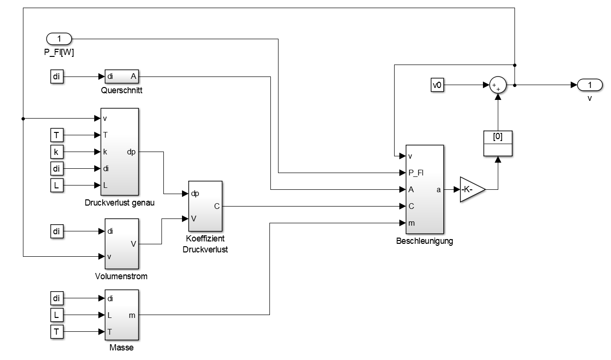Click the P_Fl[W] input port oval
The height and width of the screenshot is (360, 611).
(59, 38)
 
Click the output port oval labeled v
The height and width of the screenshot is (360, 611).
(590, 85)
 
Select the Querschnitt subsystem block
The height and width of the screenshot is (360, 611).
(122, 76)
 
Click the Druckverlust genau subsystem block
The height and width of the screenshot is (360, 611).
(119, 152)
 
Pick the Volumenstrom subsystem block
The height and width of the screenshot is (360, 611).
(122, 243)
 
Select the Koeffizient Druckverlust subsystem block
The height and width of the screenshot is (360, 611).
(205, 206)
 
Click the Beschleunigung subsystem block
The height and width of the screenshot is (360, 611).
(424, 189)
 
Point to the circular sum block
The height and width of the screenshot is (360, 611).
(498, 86)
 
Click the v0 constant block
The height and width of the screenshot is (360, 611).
(437, 86)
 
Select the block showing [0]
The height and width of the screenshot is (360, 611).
(498, 142)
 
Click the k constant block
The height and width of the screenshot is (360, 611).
(56, 152)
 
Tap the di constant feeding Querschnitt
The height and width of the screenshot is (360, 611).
(56, 76)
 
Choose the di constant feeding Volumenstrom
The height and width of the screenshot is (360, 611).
(56, 231)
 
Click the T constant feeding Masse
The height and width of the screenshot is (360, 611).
(56, 332)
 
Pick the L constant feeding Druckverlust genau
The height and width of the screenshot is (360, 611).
(56, 185)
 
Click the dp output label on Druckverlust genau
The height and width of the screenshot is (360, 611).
(131, 152)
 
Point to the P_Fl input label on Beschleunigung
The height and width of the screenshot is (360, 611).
(416, 173)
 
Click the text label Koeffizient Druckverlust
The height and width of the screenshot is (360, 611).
(205, 244)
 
